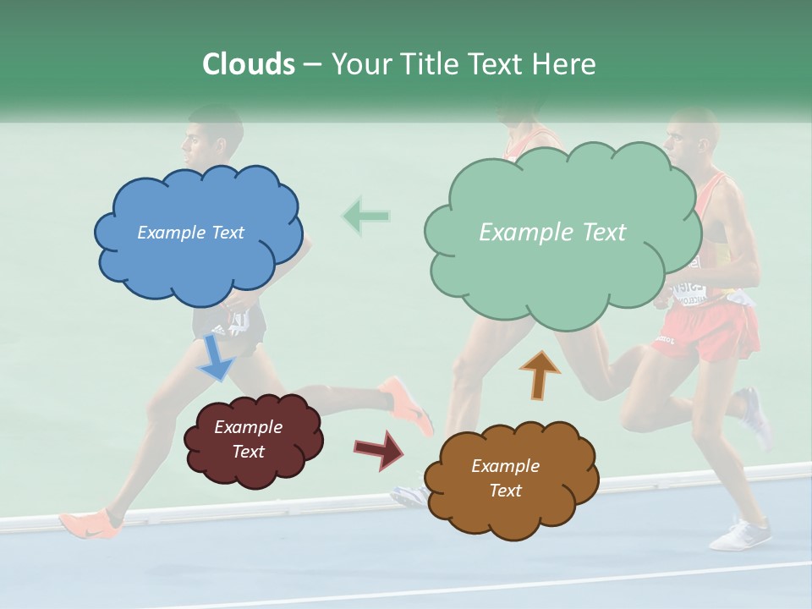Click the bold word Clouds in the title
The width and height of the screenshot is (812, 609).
coord(249,64)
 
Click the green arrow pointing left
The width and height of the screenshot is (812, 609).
coord(366,217)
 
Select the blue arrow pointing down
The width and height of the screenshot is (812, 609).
coord(216,358)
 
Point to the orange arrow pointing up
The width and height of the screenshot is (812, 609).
coord(540,374)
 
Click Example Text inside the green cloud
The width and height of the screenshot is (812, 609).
coord(552,233)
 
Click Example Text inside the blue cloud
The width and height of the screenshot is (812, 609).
coord(190,233)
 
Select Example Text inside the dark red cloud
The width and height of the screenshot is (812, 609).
coord(248,439)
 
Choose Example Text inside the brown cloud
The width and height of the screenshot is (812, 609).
coord(505,478)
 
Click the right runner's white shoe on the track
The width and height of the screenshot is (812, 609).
coord(740,535)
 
